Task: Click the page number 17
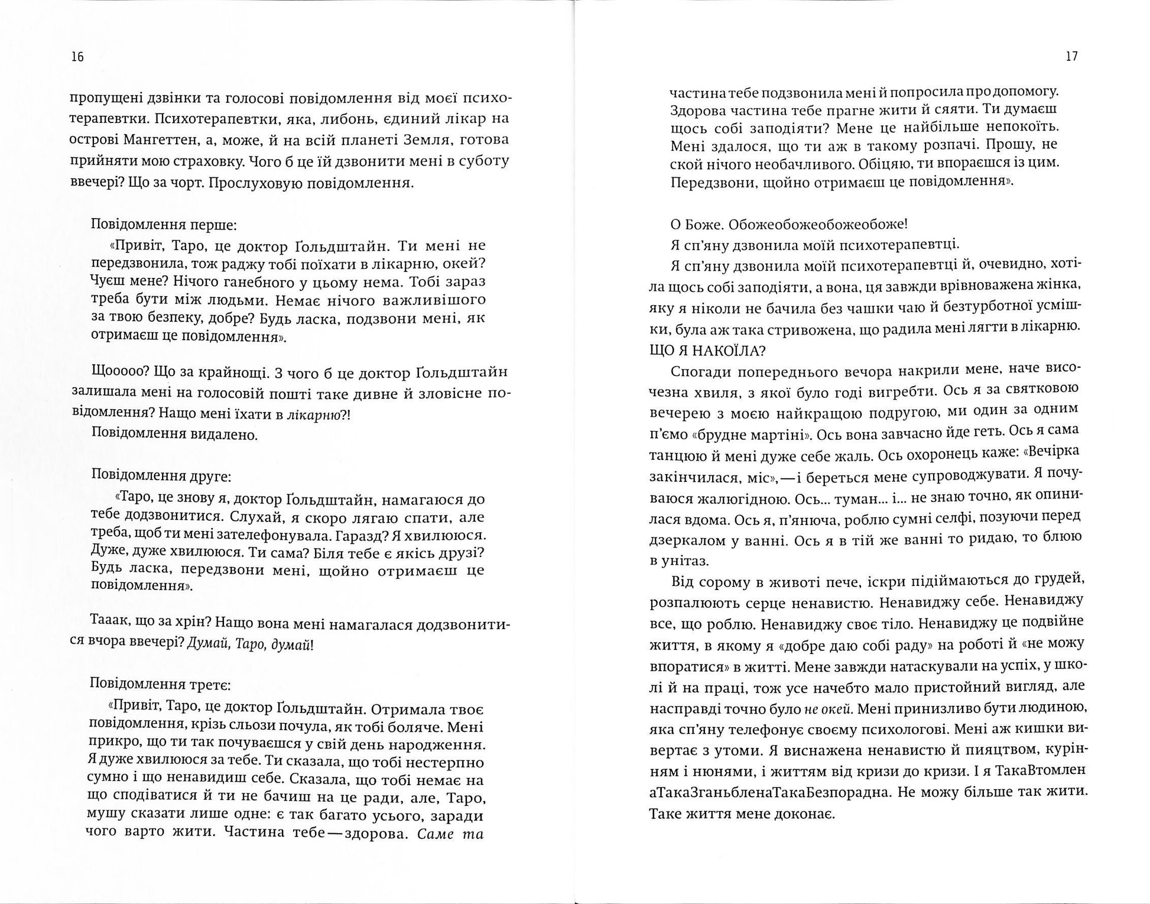[1072, 57]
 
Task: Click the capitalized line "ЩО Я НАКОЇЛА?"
[707, 351]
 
